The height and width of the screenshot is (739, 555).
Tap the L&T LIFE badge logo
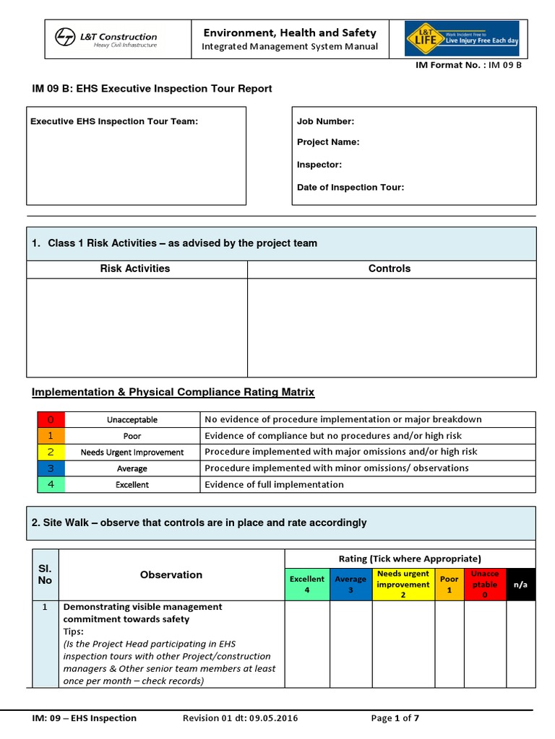(x=462, y=38)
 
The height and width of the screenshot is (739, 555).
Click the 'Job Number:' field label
(x=325, y=122)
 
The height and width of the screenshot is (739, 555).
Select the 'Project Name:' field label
(x=328, y=142)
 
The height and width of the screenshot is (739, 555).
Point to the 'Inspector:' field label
(x=319, y=165)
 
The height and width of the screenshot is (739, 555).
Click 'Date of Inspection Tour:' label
(x=350, y=188)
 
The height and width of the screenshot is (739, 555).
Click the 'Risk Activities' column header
(x=135, y=268)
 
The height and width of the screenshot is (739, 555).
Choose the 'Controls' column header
(x=390, y=268)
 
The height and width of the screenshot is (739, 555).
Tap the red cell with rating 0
(x=51, y=419)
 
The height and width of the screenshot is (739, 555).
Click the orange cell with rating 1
(x=51, y=436)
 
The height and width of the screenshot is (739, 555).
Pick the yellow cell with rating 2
(x=51, y=452)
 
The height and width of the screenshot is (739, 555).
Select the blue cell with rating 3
(x=51, y=468)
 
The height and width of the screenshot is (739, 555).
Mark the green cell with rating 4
(x=51, y=484)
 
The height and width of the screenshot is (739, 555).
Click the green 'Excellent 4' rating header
(x=307, y=585)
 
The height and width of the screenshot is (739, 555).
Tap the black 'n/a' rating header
(x=520, y=585)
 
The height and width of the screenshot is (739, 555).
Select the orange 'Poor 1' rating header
(x=449, y=585)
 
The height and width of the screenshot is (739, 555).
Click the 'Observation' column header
(x=171, y=575)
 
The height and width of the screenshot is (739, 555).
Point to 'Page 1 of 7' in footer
(x=395, y=718)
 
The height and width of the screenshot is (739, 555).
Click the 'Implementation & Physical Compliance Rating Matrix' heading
(x=173, y=393)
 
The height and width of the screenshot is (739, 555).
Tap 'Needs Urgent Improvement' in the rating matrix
(x=132, y=452)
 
